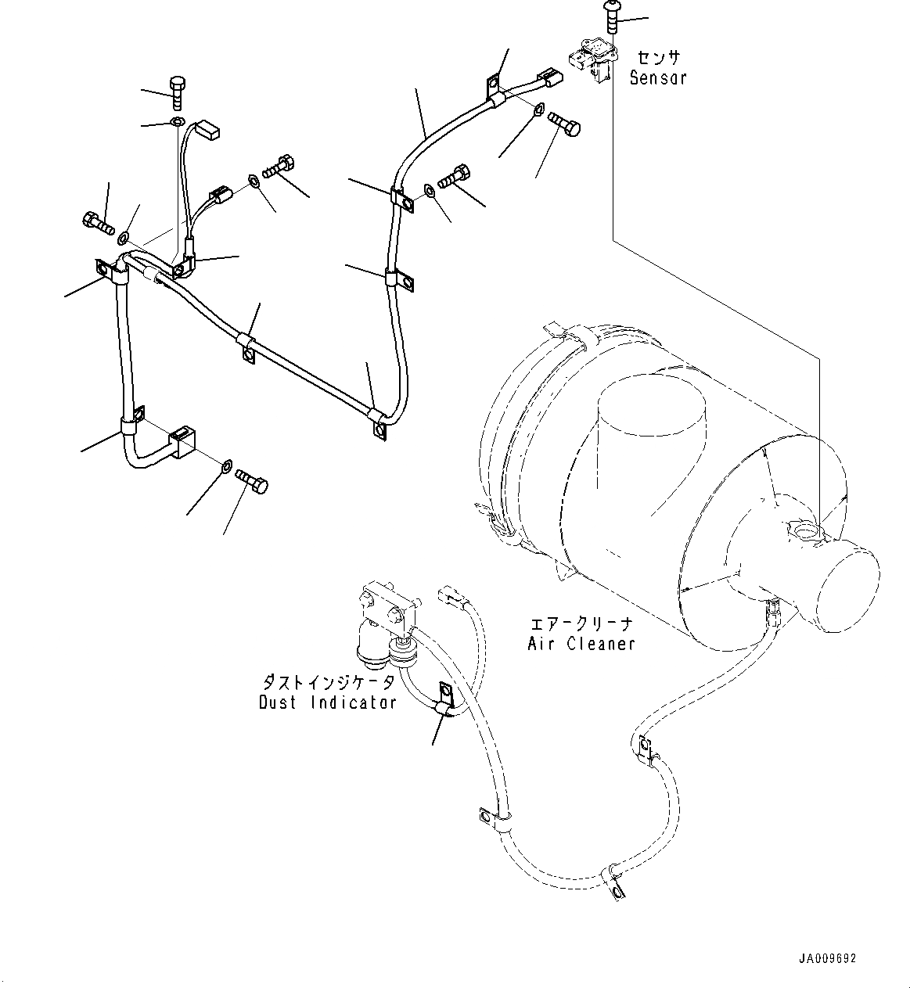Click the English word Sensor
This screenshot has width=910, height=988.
658,77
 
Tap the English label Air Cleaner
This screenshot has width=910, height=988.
581,644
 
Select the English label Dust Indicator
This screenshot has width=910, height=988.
328,702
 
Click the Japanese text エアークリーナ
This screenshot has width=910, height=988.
581,624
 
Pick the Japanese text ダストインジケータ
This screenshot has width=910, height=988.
328,682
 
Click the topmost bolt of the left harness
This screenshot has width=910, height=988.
176,92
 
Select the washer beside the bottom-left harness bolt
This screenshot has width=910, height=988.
225,467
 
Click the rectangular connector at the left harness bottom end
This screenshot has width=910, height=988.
182,442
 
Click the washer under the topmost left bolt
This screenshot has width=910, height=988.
177,122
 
